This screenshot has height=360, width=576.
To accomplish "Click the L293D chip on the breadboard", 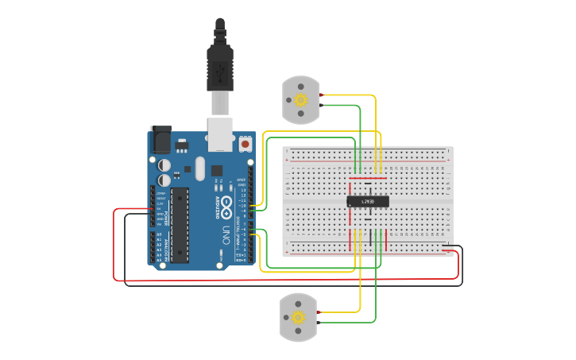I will (368, 202).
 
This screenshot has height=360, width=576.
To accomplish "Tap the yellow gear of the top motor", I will (300, 99).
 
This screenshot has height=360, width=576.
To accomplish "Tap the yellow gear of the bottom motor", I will (299, 318).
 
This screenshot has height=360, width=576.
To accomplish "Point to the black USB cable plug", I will (219, 67).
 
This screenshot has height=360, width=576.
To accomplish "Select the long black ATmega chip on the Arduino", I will (181, 225).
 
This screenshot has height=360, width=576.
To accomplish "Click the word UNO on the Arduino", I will (226, 235).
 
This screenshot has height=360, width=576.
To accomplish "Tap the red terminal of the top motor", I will (321, 95).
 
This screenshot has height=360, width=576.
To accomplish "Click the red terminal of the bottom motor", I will (319, 314).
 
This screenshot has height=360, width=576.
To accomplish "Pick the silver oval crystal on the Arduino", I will (199, 168).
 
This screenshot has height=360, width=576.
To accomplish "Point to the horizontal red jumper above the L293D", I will (369, 180).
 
